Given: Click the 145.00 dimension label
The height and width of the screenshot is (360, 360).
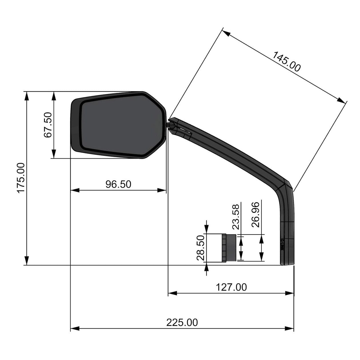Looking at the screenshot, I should click(x=286, y=62).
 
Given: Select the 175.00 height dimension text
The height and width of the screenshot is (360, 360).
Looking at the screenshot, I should click(x=21, y=178).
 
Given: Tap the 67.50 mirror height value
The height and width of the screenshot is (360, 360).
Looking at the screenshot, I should click(x=48, y=125).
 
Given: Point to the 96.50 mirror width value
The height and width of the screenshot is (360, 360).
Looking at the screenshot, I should click(x=118, y=184).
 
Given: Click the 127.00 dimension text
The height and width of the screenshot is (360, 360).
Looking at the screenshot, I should click(x=231, y=287).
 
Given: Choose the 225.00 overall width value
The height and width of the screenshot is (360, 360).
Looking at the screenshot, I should click(x=182, y=323).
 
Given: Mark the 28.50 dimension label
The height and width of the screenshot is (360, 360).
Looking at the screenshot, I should click(x=201, y=247).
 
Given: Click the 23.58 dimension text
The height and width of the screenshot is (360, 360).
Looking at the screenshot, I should click(x=236, y=217).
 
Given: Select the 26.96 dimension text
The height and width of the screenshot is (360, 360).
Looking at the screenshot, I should click(x=256, y=214).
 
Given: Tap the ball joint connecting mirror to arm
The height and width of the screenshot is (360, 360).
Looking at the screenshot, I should click(x=171, y=125).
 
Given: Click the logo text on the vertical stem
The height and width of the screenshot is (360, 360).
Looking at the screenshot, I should click(x=282, y=245).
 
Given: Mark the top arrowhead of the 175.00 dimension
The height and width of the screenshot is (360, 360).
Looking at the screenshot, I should click(x=27, y=96).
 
